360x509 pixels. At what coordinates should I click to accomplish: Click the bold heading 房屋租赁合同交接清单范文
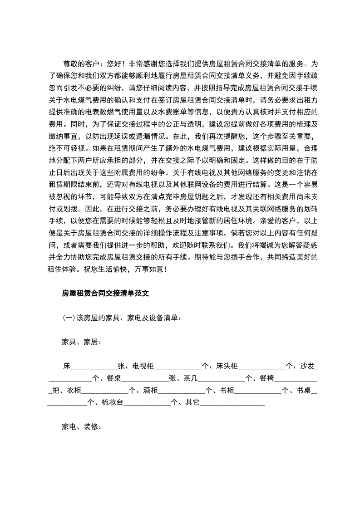[105, 294]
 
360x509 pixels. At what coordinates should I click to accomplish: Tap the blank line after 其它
[232, 402]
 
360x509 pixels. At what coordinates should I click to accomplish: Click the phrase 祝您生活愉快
[99, 269]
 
